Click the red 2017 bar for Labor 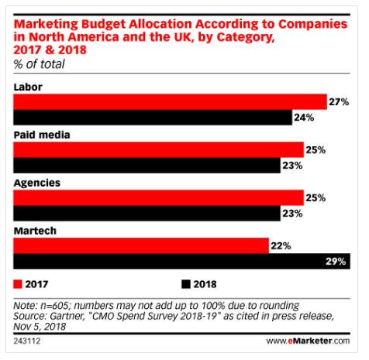[x=171, y=101]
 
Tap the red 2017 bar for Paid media [x=159, y=149]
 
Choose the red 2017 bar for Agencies [x=159, y=197]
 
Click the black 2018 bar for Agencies [x=147, y=214]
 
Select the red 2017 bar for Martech [x=142, y=245]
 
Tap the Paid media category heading [x=42, y=134]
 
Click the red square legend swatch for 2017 [x=19, y=284]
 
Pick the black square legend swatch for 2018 [x=186, y=284]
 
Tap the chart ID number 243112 [x=29, y=341]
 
